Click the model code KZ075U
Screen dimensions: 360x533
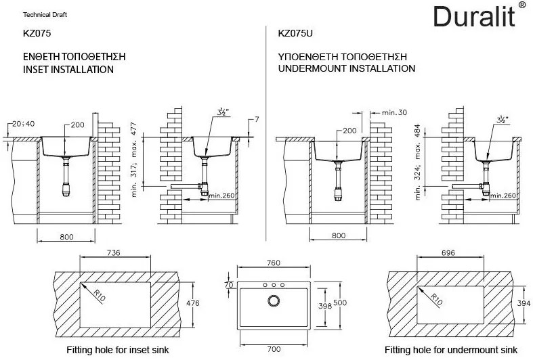point(295,32)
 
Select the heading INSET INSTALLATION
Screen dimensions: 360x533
point(68,69)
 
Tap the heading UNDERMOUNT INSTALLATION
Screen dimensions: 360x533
point(347,69)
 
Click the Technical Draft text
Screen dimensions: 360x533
point(45,14)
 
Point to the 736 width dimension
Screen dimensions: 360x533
point(114,253)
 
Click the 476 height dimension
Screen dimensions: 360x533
point(193,303)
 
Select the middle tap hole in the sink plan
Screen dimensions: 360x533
point(273,285)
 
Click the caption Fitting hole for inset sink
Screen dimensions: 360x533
point(117,351)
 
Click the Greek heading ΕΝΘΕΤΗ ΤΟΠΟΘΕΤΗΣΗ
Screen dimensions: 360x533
point(74,55)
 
